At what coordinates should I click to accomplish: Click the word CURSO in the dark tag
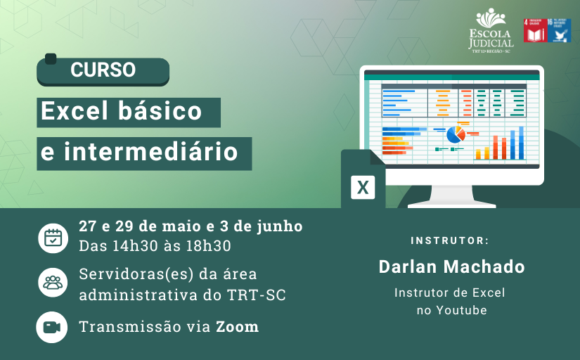point(103,70)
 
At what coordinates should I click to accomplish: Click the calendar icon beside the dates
point(53,237)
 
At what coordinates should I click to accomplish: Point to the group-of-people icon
point(53,283)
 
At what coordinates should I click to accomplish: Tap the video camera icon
point(53,327)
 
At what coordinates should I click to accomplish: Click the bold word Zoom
point(237,327)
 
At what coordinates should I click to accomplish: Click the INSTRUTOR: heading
point(450,241)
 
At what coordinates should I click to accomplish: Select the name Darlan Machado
point(451,267)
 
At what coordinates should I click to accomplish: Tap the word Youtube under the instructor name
point(461,310)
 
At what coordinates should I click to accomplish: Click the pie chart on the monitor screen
point(456,133)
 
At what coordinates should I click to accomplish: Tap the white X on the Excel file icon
point(363,188)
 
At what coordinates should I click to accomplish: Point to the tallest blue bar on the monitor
point(521,143)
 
